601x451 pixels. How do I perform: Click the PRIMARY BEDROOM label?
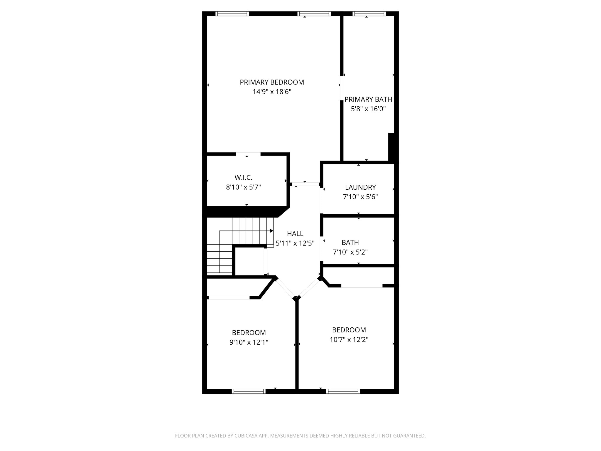(x=272, y=82)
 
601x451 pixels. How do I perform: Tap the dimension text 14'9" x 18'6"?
(x=272, y=92)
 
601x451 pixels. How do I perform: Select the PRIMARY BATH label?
(x=368, y=99)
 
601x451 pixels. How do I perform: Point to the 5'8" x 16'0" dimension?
(x=368, y=109)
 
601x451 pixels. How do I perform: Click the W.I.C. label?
(x=243, y=178)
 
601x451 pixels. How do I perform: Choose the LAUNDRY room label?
(x=360, y=187)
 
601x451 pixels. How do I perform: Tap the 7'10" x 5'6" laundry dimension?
(x=360, y=197)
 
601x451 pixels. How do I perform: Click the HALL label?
(x=295, y=234)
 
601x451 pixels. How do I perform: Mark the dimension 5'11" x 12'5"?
(x=295, y=243)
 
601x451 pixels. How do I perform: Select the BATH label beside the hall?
(x=350, y=243)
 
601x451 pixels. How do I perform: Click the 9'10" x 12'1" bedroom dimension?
(x=249, y=342)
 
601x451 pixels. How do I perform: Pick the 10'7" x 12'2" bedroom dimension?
(x=349, y=340)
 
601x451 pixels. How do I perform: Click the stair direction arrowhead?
(x=271, y=231)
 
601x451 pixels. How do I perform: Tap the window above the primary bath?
(x=369, y=14)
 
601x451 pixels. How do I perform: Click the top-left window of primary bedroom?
(x=232, y=14)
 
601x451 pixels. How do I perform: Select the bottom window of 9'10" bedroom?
(x=249, y=391)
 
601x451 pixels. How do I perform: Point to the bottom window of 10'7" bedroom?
(x=343, y=391)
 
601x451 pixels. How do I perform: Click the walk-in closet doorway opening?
(x=248, y=154)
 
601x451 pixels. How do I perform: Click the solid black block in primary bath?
(x=391, y=147)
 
